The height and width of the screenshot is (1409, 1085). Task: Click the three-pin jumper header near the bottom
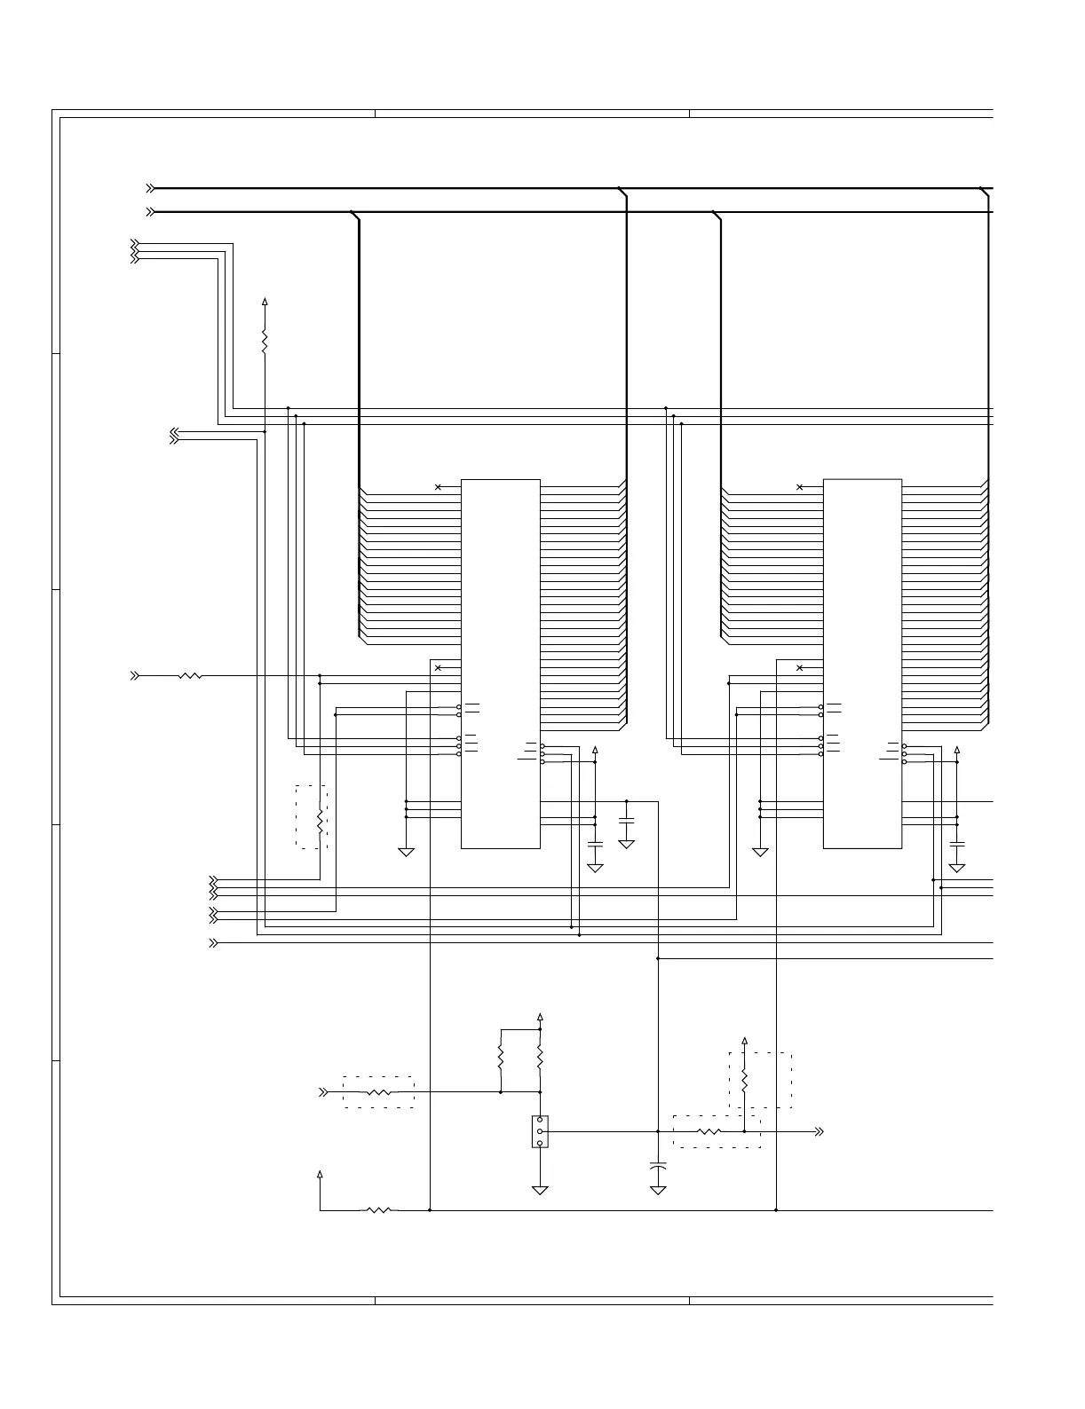coord(540,1131)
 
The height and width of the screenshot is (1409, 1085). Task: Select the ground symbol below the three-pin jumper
coord(540,1188)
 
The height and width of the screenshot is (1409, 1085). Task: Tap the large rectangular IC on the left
coord(501,664)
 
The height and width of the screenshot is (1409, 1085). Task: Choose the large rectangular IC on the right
coord(862,664)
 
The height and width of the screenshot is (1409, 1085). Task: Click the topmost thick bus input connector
coord(151,188)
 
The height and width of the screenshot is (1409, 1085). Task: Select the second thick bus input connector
coord(151,212)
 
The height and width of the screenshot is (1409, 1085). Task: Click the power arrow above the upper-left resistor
coord(265,303)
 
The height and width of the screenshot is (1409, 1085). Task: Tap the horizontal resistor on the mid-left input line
coord(190,676)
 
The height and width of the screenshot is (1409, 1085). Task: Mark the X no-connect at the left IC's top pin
coord(438,487)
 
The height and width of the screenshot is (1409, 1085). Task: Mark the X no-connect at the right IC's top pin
coord(800,487)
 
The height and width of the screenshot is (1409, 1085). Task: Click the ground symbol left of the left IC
coord(407,852)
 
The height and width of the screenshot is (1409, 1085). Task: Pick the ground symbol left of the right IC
coord(760,852)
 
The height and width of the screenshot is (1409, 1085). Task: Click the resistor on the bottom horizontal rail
coord(378,1209)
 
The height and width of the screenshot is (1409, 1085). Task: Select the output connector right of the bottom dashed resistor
coord(819,1131)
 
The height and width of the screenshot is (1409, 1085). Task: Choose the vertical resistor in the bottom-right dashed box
coord(745,1079)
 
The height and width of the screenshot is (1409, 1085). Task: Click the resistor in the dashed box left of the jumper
coord(378,1092)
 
